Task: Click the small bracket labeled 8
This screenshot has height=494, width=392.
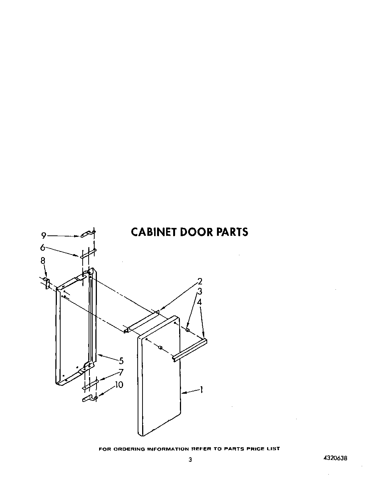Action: (x=47, y=284)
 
